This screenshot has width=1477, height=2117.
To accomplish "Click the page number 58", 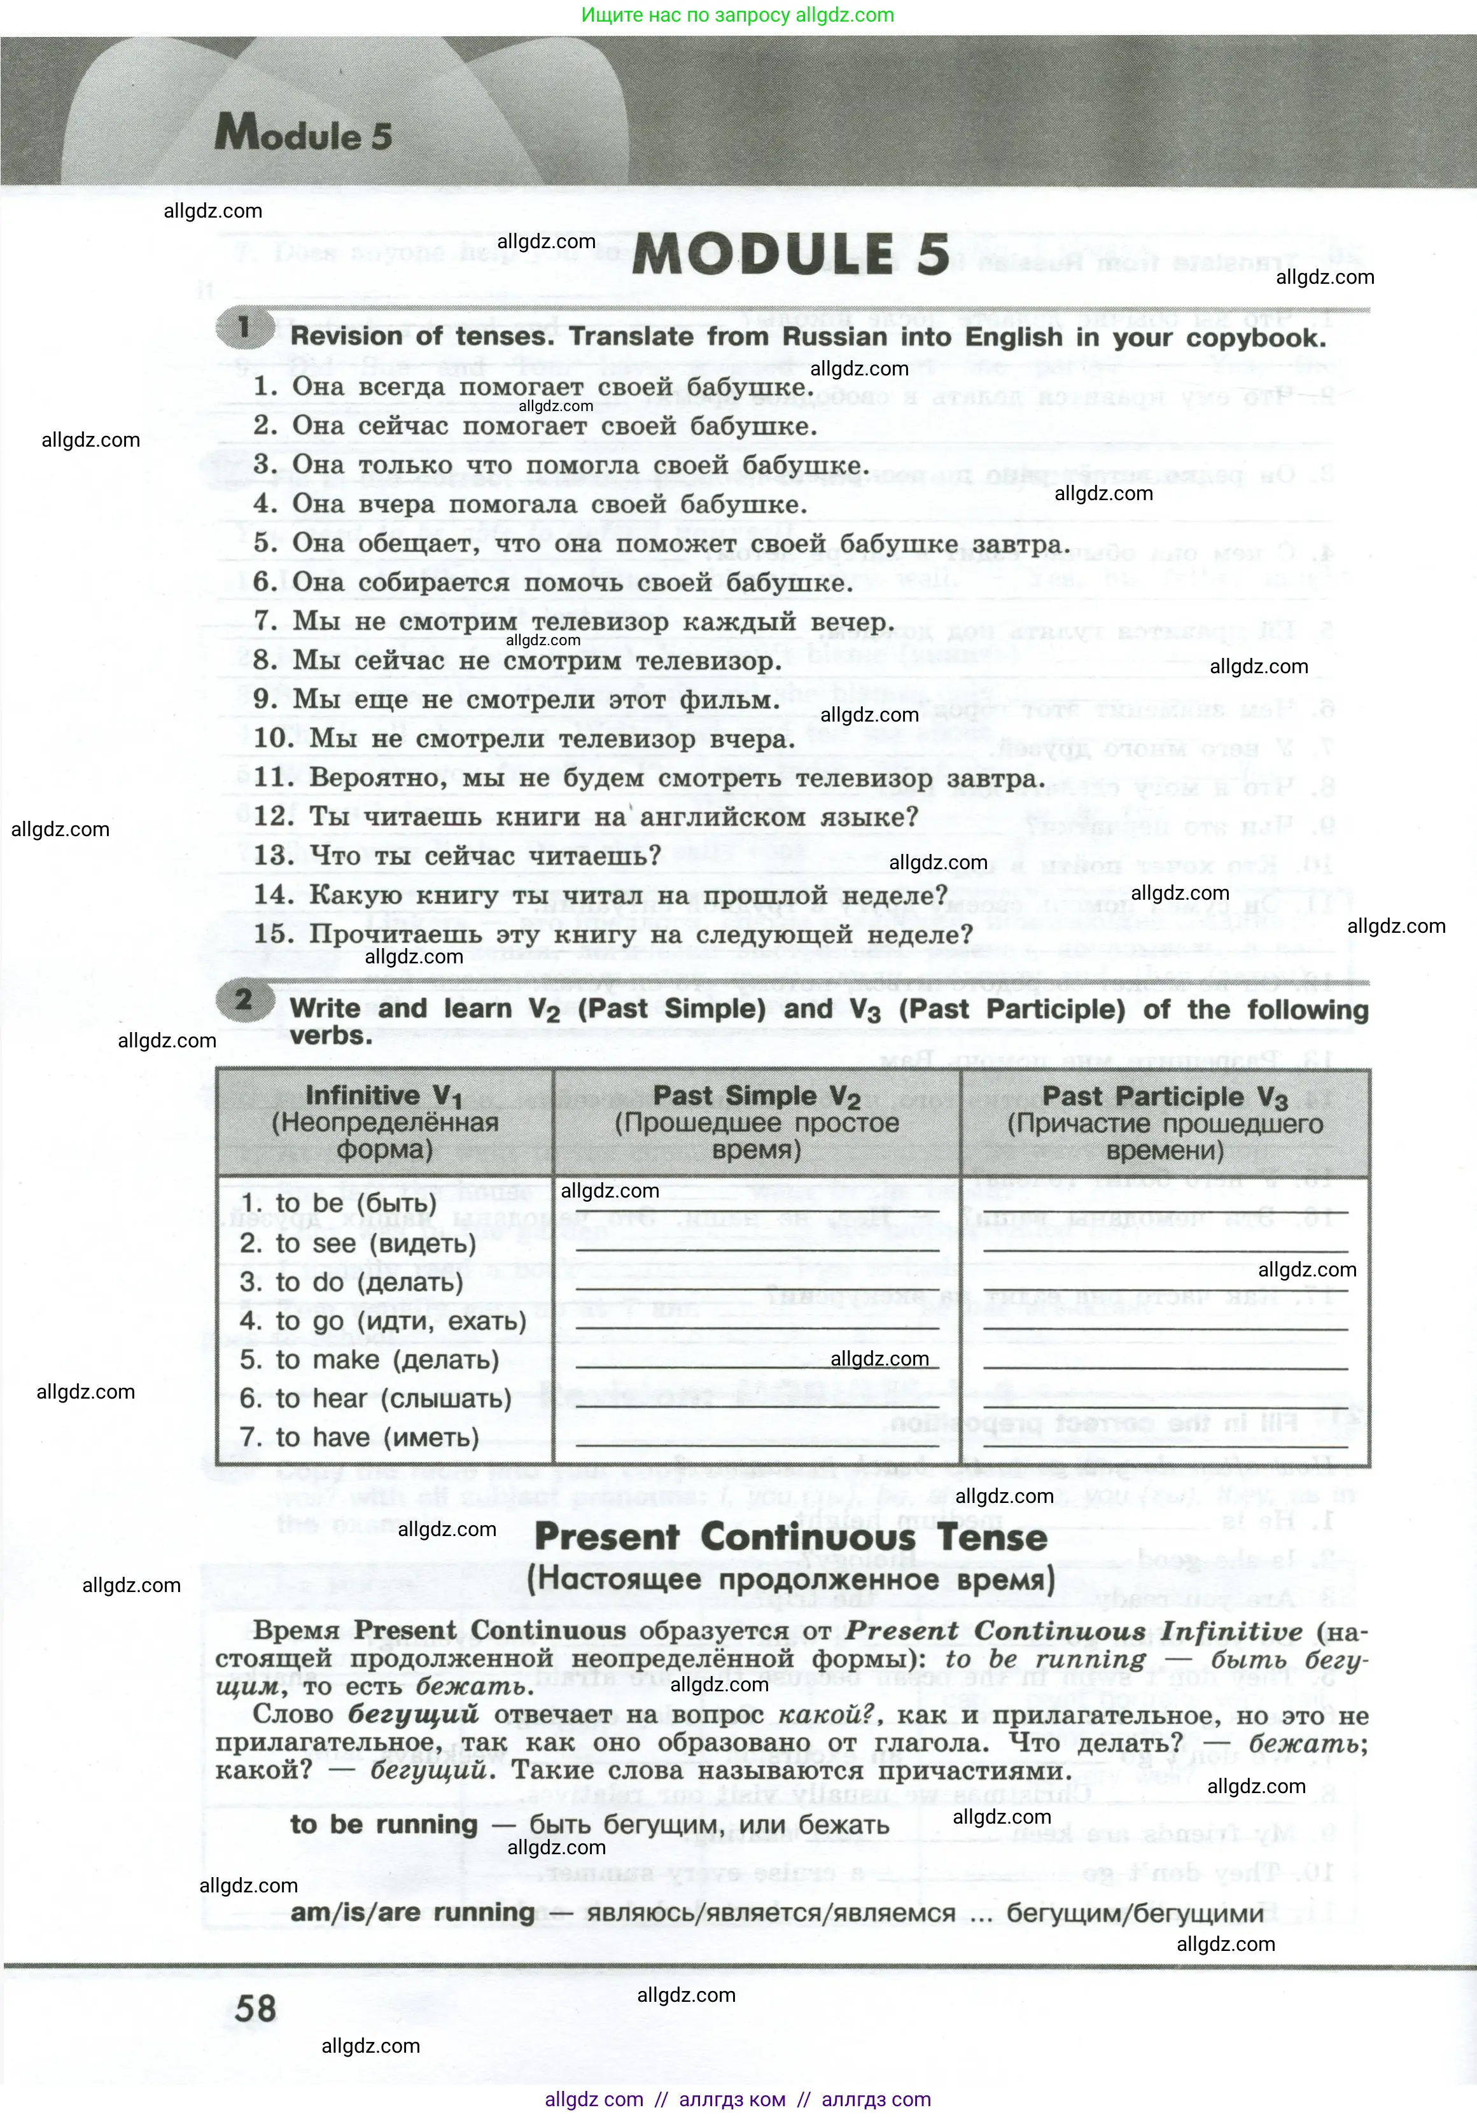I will pyautogui.click(x=255, y=2008).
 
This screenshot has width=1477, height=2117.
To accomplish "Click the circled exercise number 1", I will pyautogui.click(x=243, y=328).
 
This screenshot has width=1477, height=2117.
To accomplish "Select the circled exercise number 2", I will pyautogui.click(x=243, y=1000).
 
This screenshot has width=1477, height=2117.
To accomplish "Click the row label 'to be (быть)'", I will pyautogui.click(x=339, y=1204).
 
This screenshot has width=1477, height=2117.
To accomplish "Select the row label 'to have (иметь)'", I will pyautogui.click(x=360, y=1437).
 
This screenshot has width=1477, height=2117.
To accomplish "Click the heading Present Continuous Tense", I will pyautogui.click(x=791, y=1537).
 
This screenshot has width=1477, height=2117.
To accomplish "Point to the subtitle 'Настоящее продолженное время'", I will pyautogui.click(x=791, y=1579).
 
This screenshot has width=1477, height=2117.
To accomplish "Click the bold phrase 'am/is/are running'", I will pyautogui.click(x=412, y=1912).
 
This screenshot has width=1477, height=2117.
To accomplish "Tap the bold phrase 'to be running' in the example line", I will pyautogui.click(x=384, y=1825).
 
